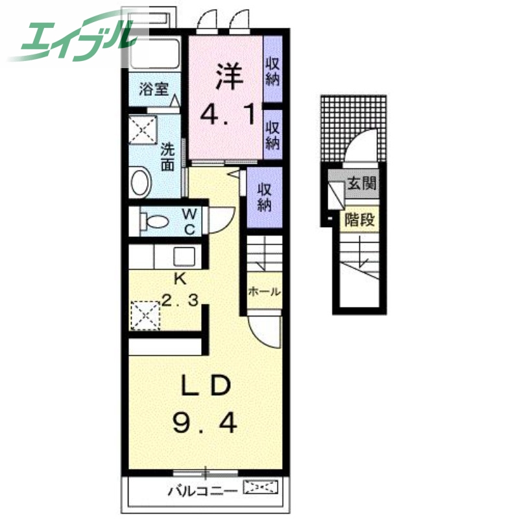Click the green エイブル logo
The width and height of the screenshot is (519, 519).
(x=73, y=38)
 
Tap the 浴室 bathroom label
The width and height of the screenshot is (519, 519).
(x=154, y=89)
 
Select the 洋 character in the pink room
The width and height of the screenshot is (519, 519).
(x=229, y=76)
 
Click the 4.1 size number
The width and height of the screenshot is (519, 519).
(x=228, y=114)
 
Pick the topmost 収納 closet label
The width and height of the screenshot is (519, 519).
(x=272, y=72)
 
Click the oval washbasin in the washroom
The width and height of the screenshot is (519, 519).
(x=141, y=182)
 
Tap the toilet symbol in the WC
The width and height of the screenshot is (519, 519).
(x=154, y=221)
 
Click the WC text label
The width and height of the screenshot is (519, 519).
(x=189, y=221)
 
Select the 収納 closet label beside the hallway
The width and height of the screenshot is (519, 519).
(x=265, y=197)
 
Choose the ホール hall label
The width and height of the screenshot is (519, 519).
(x=264, y=291)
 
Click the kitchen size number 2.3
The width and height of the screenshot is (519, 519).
(x=180, y=300)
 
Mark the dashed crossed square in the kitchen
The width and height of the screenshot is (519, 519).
(x=145, y=315)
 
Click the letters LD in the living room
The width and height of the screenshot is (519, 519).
(x=206, y=385)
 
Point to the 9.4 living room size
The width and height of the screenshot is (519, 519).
(x=205, y=424)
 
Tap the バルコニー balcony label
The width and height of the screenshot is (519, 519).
(x=202, y=490)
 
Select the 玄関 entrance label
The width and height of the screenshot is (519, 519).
(x=362, y=183)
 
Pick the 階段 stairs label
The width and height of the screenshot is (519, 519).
(x=359, y=219)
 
